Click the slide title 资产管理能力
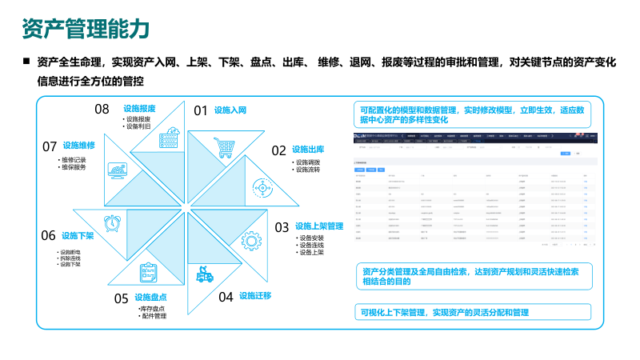click(x=86, y=28)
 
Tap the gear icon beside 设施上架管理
click(x=251, y=240)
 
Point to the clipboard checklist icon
click(x=149, y=273)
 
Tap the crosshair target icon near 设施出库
click(x=261, y=187)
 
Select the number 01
click(x=200, y=110)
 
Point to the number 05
click(x=121, y=298)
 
